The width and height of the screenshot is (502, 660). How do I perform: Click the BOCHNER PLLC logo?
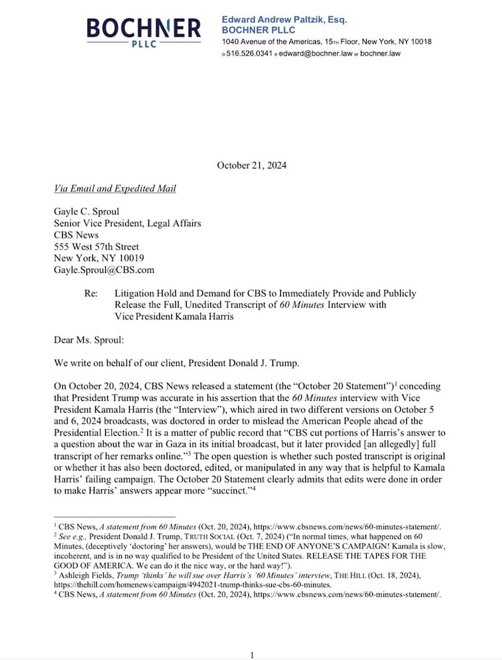click(143, 31)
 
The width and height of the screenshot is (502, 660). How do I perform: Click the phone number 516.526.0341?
click(249, 54)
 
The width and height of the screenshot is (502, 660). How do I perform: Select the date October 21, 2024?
click(251, 165)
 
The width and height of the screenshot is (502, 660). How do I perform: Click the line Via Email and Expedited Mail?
click(114, 189)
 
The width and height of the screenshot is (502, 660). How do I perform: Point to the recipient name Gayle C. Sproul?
click(86, 212)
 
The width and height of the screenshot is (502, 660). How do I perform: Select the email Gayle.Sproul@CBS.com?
click(104, 270)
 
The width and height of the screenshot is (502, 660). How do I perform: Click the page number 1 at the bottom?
click(252, 655)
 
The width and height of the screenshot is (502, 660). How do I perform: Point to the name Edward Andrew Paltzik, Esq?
click(284, 20)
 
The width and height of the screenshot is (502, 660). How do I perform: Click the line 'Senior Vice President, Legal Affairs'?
click(127, 224)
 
